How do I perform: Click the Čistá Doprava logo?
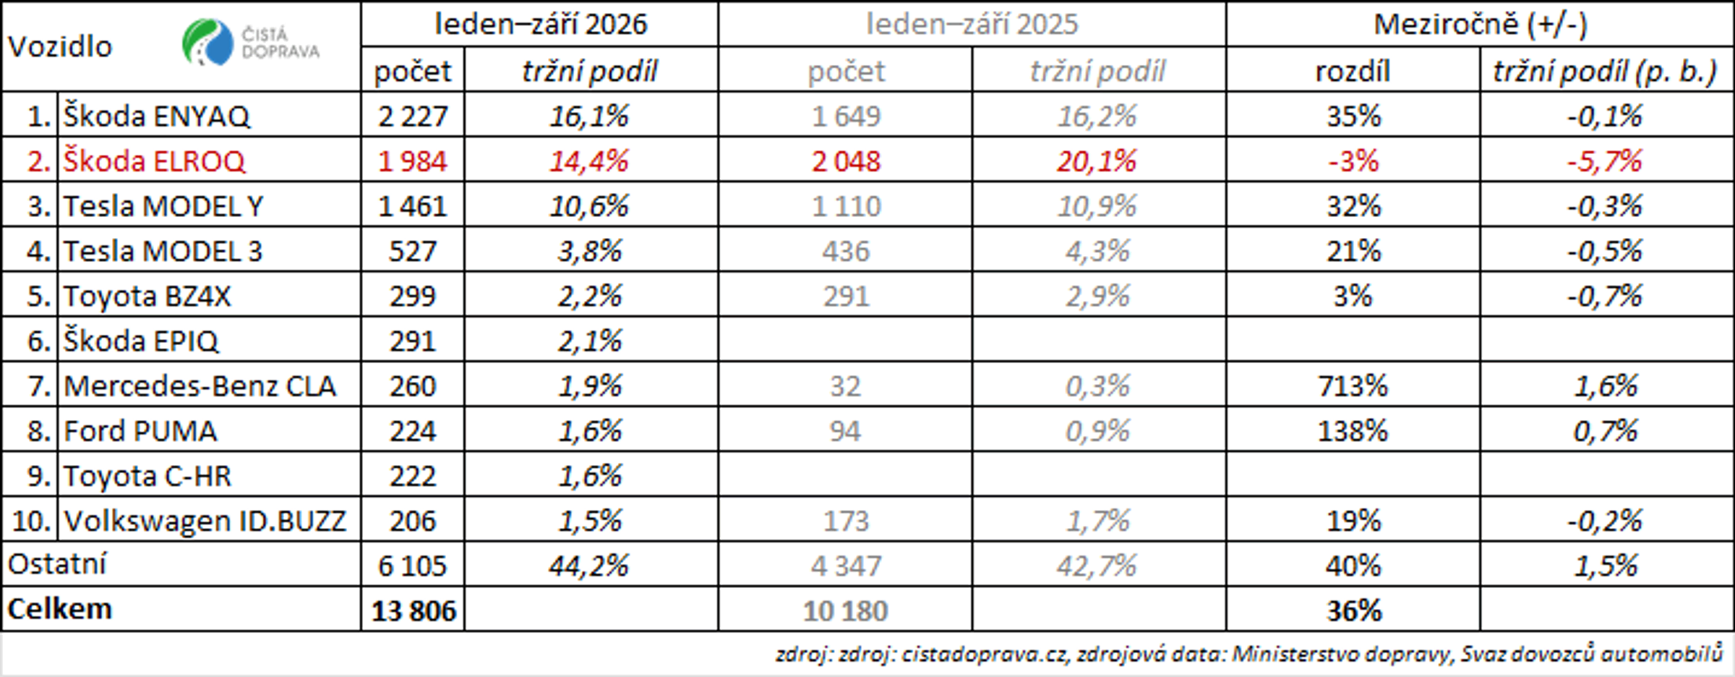pos(251,42)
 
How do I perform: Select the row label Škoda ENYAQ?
pos(157,116)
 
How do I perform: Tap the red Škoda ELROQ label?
pos(155,161)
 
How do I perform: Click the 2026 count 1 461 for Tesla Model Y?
pos(413,206)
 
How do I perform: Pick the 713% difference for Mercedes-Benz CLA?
pos(1353,386)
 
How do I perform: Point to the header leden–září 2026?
pos(541,24)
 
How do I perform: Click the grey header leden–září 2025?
pos(972,24)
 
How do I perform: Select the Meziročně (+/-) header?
pos(1481,25)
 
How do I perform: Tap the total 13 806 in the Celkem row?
pos(414,611)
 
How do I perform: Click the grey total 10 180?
pos(845,611)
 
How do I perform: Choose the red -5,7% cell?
pos(1604,161)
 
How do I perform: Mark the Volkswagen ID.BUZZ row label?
pos(205,521)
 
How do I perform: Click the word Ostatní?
pos(57,564)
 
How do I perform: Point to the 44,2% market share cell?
pos(589,566)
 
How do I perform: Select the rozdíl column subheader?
pos(1353,71)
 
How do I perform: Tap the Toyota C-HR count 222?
pos(413,476)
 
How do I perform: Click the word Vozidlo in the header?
pos(60,46)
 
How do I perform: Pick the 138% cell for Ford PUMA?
pos(1353,431)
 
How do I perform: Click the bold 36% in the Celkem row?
pos(1353,611)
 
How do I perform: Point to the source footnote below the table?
pos(1249,654)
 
